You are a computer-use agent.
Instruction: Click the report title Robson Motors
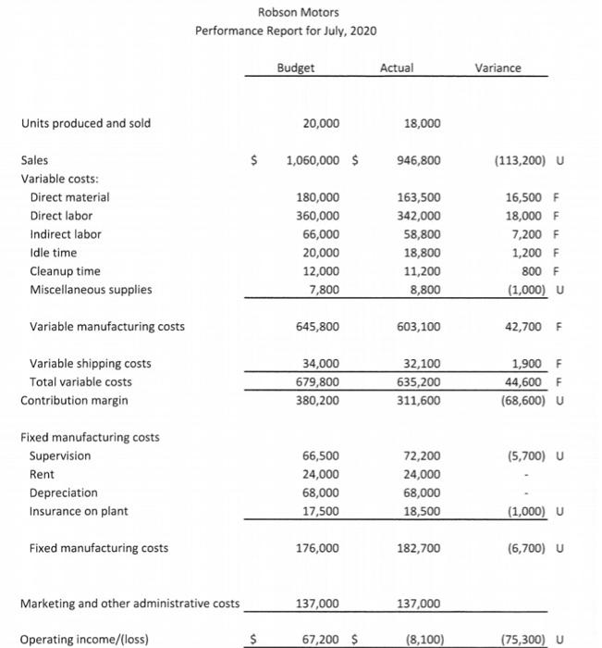286,12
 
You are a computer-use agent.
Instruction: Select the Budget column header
295,68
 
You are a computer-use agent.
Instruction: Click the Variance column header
498,68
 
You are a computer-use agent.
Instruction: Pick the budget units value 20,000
321,123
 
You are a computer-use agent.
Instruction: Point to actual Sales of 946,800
422,160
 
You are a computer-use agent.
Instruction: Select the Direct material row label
69,197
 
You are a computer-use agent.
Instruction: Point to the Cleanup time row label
66,271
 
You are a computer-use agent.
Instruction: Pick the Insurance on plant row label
79,511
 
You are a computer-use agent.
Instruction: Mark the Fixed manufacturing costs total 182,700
422,548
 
